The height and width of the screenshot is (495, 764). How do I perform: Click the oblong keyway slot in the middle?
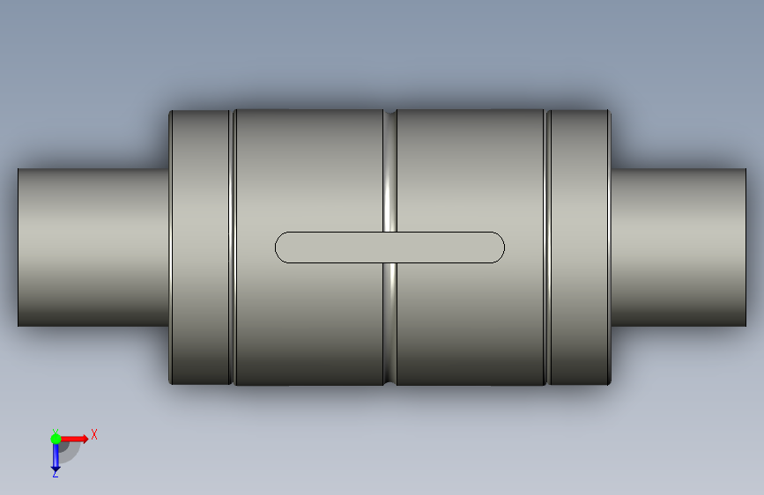(389, 247)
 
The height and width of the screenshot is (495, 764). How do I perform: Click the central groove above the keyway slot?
(389, 172)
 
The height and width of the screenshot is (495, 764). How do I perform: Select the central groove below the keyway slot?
(389, 323)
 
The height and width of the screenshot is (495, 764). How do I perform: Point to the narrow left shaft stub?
(93, 247)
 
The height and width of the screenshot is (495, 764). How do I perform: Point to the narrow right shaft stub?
(679, 247)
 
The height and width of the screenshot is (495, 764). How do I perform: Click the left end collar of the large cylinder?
(200, 247)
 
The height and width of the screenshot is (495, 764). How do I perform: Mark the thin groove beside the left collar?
(232, 247)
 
